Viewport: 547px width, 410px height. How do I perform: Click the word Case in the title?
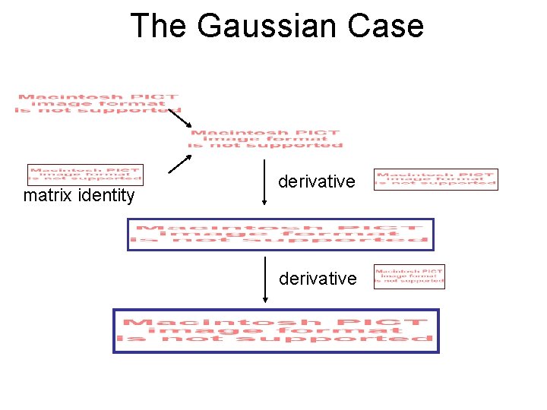(387, 25)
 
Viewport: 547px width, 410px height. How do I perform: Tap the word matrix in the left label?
(48, 196)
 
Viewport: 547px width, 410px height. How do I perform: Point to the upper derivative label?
(317, 181)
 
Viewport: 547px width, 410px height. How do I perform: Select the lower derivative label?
(317, 279)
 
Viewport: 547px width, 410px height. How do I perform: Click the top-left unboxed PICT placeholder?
(97, 103)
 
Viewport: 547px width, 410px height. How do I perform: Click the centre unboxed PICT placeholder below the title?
(266, 139)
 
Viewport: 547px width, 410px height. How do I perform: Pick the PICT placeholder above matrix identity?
(85, 175)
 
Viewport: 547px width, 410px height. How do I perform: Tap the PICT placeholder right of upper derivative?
(436, 179)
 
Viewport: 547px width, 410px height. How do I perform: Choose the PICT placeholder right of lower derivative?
(409, 277)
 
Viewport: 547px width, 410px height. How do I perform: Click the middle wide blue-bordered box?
(280, 234)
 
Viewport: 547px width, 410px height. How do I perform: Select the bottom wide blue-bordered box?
(277, 330)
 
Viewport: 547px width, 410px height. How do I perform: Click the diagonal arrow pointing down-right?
(179, 119)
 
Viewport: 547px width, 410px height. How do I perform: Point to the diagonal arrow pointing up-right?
(179, 164)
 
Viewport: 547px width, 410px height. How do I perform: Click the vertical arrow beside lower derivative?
(264, 279)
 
